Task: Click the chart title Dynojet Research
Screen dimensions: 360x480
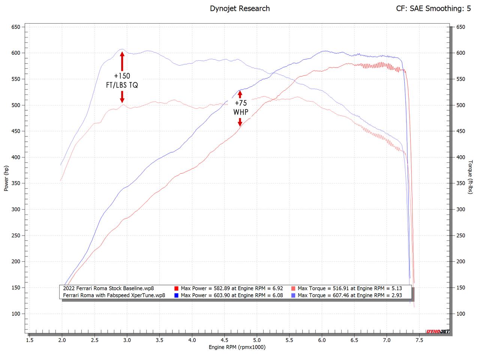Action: [240, 8]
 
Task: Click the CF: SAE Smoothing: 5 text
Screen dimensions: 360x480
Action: [433, 8]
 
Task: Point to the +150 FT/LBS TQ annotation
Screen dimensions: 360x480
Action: [122, 81]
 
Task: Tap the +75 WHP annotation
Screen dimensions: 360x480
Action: [241, 107]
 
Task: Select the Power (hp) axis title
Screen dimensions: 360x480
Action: [6, 178]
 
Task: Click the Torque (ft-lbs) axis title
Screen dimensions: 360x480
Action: [470, 177]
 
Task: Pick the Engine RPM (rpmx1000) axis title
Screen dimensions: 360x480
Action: [237, 347]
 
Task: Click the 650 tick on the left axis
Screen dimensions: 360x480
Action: [16, 27]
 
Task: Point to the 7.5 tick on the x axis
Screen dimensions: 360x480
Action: [419, 340]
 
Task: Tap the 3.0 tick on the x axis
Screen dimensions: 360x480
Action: [127, 340]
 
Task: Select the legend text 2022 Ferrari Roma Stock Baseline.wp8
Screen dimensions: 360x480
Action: [109, 288]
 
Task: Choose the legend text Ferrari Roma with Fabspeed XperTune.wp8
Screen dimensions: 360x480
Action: [114, 295]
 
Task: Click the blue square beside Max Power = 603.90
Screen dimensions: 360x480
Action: [176, 295]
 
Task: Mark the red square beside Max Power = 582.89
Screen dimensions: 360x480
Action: [176, 288]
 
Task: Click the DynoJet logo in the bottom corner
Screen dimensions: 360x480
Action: [438, 331]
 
